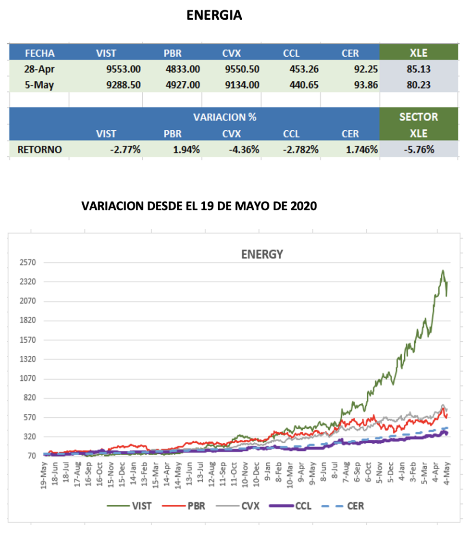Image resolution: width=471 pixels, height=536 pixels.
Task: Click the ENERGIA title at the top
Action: [214, 16]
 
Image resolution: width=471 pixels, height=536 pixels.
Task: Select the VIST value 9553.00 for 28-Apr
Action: [123, 69]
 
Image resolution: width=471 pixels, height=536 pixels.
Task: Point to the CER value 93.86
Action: [364, 85]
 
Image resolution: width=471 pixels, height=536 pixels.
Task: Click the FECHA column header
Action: [39, 53]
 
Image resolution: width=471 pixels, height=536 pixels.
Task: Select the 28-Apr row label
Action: [38, 69]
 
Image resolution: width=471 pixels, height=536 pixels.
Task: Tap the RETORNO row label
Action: [39, 150]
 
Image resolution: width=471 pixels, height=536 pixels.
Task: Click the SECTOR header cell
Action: [418, 117]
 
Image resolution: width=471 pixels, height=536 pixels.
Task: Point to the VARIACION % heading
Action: [224, 117]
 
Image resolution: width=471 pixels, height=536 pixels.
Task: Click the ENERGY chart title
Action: [261, 255]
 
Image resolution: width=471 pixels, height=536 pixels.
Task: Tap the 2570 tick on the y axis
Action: [28, 262]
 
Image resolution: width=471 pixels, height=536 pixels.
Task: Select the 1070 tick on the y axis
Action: [28, 379]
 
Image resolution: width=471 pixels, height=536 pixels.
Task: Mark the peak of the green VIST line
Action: [443, 271]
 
